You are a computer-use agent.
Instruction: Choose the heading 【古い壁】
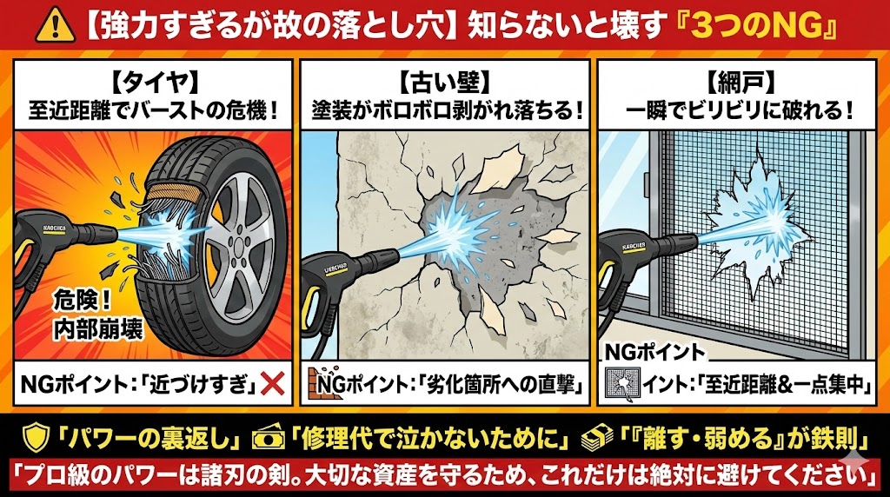click(445, 83)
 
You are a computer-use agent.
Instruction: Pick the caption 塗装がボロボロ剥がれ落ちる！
click(445, 111)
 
